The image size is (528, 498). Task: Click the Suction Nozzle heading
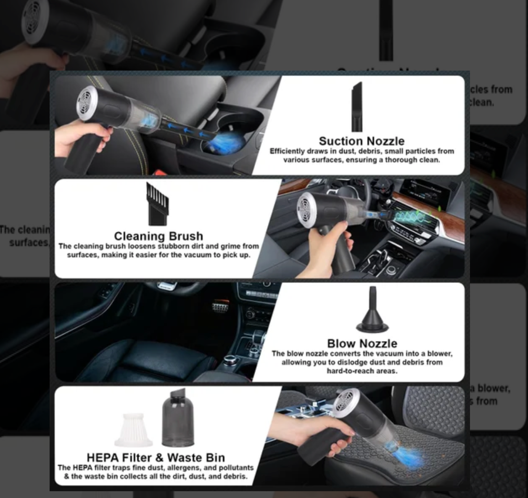tap(362, 141)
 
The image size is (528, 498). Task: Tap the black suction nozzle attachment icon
tap(356, 107)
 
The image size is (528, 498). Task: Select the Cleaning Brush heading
tap(158, 236)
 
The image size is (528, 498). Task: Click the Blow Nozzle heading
tap(362, 343)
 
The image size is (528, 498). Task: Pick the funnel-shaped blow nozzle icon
tap(372, 311)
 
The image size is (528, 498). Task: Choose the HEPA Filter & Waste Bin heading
tap(156, 457)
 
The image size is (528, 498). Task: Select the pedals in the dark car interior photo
tap(220, 307)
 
